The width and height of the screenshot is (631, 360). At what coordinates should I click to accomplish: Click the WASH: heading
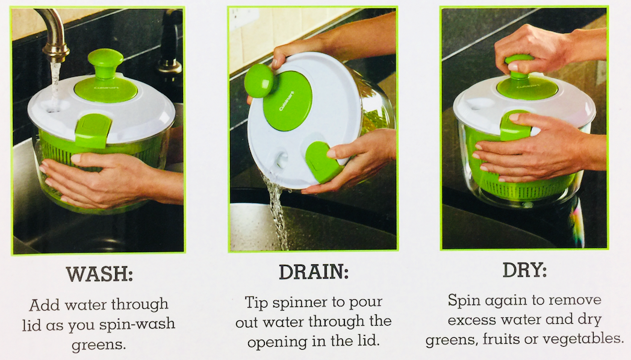tap(99, 274)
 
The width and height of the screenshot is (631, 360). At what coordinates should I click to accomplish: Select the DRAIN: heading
tap(314, 272)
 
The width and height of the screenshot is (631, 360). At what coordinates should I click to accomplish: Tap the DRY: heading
tap(525, 270)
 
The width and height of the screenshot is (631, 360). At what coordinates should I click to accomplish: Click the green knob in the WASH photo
tap(105, 63)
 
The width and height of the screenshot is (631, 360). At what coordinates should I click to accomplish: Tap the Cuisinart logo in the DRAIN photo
tap(286, 101)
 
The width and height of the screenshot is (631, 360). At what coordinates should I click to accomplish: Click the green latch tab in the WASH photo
tap(93, 130)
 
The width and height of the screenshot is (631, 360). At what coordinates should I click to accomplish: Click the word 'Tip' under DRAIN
tap(256, 302)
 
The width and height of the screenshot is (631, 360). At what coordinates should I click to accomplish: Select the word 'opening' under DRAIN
tap(278, 342)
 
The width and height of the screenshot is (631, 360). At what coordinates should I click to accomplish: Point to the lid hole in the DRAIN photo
tap(281, 159)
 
